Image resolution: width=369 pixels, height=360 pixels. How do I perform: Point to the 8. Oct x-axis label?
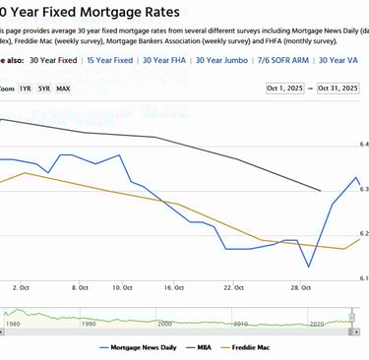(81, 288)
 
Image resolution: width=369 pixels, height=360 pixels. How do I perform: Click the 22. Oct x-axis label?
(232, 288)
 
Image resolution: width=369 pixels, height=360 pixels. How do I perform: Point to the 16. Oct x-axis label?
(173, 288)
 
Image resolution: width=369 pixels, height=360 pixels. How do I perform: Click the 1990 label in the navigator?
(88, 323)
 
